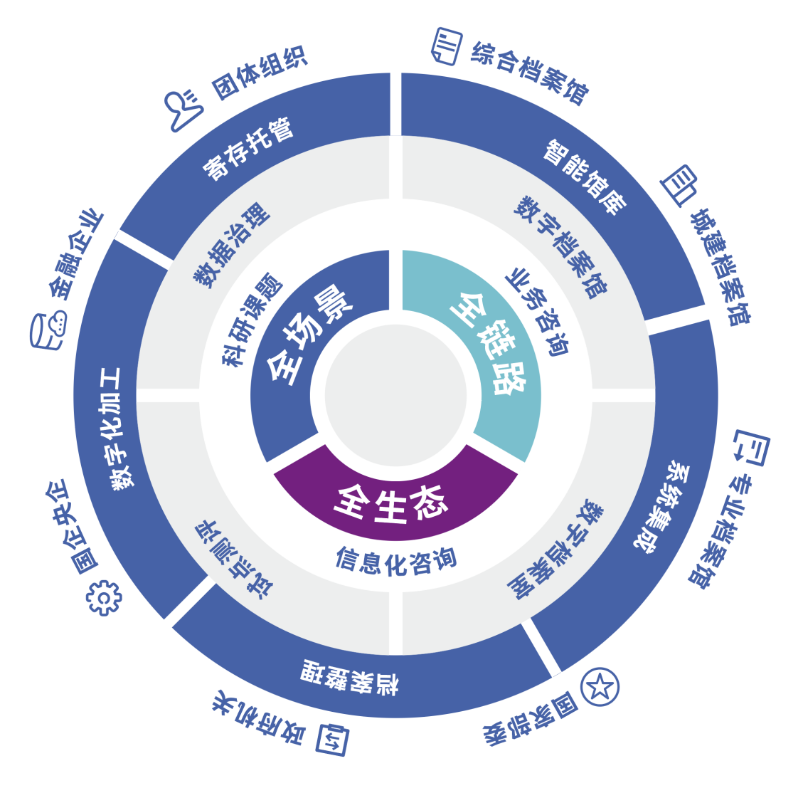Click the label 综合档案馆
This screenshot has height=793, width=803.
[530, 72]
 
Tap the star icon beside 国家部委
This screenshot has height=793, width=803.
[600, 687]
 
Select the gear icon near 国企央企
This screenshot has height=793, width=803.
[104, 597]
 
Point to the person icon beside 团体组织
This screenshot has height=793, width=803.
[182, 110]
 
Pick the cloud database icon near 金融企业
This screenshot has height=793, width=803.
[49, 330]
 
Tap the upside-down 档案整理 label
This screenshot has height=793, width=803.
[349, 676]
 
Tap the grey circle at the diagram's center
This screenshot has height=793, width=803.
[395, 396]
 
